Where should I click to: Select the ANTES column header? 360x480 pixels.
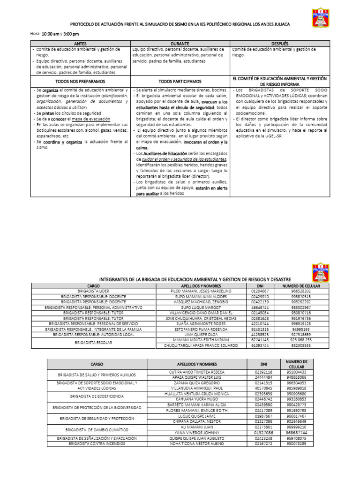click(x=80, y=43)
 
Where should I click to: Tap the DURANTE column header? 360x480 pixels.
click(x=180, y=43)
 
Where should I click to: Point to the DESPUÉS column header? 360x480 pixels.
click(x=280, y=43)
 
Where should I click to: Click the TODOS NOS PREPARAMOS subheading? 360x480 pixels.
click(x=80, y=81)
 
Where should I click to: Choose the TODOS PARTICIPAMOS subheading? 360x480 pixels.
click(x=180, y=81)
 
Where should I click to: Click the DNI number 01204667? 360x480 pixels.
click(x=261, y=291)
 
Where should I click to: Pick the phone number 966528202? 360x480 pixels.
click(x=300, y=291)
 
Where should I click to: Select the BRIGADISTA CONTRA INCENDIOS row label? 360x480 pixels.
click(x=97, y=443)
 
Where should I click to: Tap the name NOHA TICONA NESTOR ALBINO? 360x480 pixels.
click(x=197, y=443)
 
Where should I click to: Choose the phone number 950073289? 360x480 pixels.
click(x=297, y=443)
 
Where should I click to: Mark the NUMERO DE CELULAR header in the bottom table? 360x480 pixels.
click(x=297, y=364)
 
